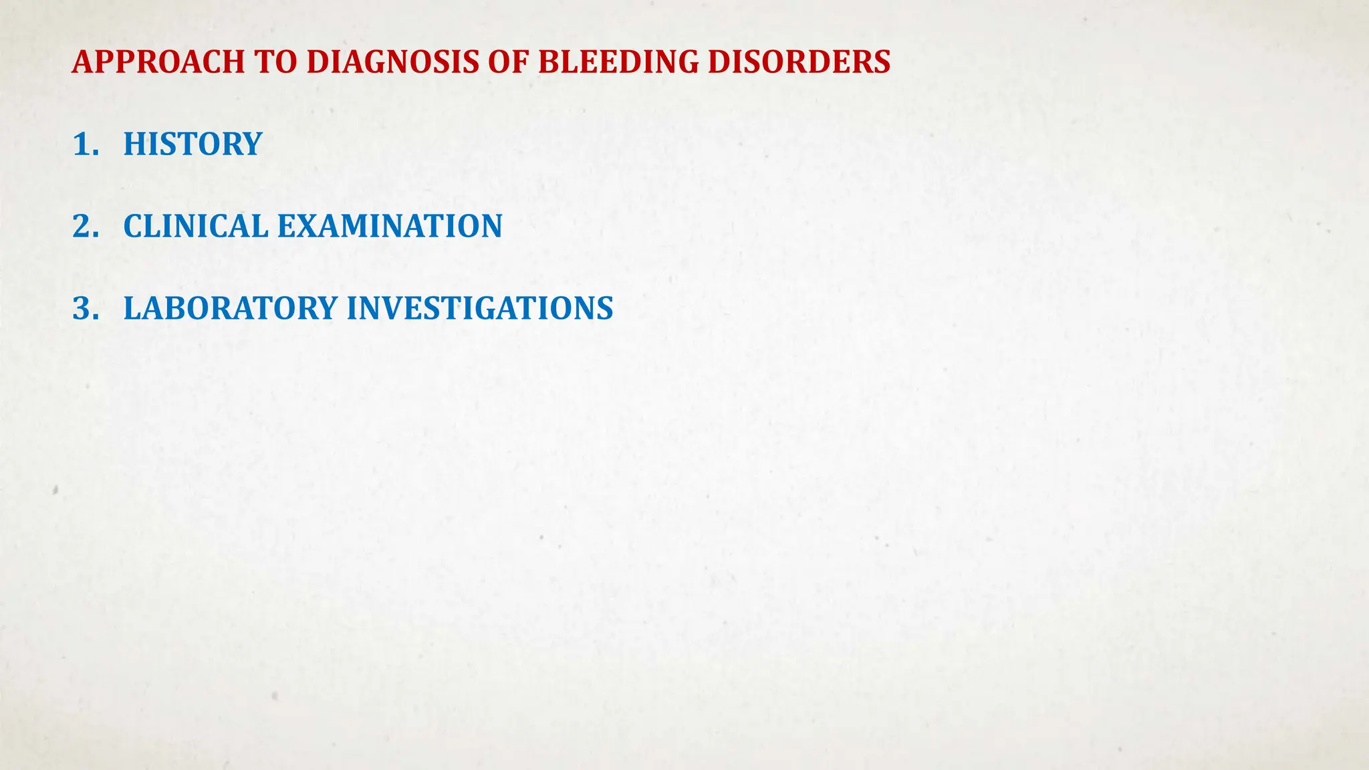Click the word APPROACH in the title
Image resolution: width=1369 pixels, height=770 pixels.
click(x=158, y=62)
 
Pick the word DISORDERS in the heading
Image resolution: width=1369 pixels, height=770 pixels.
click(x=799, y=62)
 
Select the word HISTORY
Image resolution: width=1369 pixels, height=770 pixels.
click(x=193, y=144)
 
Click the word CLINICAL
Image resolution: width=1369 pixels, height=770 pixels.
click(x=196, y=227)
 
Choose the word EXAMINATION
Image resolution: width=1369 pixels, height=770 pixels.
click(x=390, y=227)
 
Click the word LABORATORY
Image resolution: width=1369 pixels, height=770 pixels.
click(x=231, y=309)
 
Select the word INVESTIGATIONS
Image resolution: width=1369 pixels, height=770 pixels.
click(x=479, y=309)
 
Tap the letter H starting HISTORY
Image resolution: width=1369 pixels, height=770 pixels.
click(x=134, y=144)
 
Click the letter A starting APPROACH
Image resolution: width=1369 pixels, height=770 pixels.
click(x=82, y=62)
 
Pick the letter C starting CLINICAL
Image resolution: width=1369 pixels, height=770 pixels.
click(x=133, y=227)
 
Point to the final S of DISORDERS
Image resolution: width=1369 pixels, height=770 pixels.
click(x=882, y=62)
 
